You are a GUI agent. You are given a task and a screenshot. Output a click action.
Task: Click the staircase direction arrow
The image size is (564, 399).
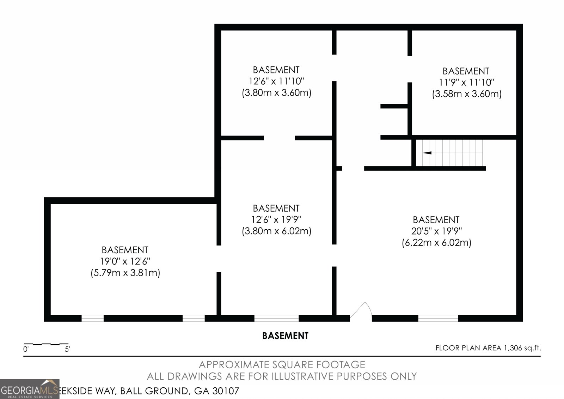coord(427,153)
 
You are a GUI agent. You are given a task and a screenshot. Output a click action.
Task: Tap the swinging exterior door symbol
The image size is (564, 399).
coord(362,313)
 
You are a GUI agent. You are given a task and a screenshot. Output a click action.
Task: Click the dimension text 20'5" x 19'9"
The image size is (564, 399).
coord(436,231)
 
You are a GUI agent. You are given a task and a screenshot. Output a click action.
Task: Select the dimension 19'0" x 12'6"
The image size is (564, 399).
coord(125,261)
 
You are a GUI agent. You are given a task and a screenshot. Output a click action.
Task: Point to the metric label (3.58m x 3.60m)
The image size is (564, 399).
coord(467,94)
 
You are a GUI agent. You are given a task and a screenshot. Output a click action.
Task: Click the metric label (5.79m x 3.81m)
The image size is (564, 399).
coord(125,273)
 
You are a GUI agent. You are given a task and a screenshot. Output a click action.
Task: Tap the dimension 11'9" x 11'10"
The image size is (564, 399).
coord(467,83)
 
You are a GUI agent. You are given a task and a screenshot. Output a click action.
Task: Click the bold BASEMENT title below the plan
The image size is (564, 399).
coord(285,336)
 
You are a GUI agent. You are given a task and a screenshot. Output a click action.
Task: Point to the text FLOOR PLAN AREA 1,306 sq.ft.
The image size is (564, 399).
coord(488,348)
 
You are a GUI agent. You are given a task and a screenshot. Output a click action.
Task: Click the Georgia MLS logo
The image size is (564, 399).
coord(30,389)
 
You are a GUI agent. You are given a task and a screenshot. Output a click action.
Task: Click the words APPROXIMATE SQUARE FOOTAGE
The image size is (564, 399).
coord(282,364)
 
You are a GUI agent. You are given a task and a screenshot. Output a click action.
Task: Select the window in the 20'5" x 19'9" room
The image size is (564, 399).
coord(438,318)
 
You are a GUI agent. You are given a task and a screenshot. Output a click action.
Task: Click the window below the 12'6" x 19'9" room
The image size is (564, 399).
coord(276,318)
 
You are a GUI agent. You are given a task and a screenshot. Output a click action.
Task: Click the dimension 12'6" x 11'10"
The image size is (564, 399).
coord(276,81)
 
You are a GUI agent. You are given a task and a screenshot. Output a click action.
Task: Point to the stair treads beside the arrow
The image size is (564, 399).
coord(458,153)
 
